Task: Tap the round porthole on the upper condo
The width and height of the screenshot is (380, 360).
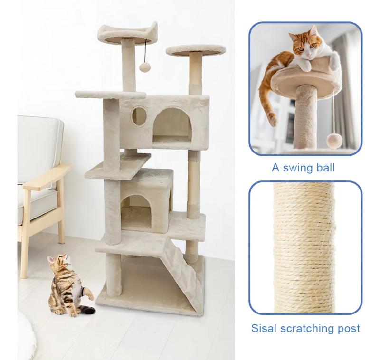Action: pyautogui.click(x=138, y=115)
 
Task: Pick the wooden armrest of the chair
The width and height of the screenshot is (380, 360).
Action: pyautogui.click(x=46, y=176)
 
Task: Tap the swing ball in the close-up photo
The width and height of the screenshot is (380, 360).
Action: pyautogui.click(x=334, y=140)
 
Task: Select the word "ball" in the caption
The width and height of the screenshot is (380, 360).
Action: pyautogui.click(x=324, y=167)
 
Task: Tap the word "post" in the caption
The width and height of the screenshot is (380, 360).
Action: pyautogui.click(x=349, y=329)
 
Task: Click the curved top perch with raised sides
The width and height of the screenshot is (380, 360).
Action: pyautogui.click(x=127, y=33)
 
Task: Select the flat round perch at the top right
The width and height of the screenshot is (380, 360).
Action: pyautogui.click(x=196, y=50)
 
